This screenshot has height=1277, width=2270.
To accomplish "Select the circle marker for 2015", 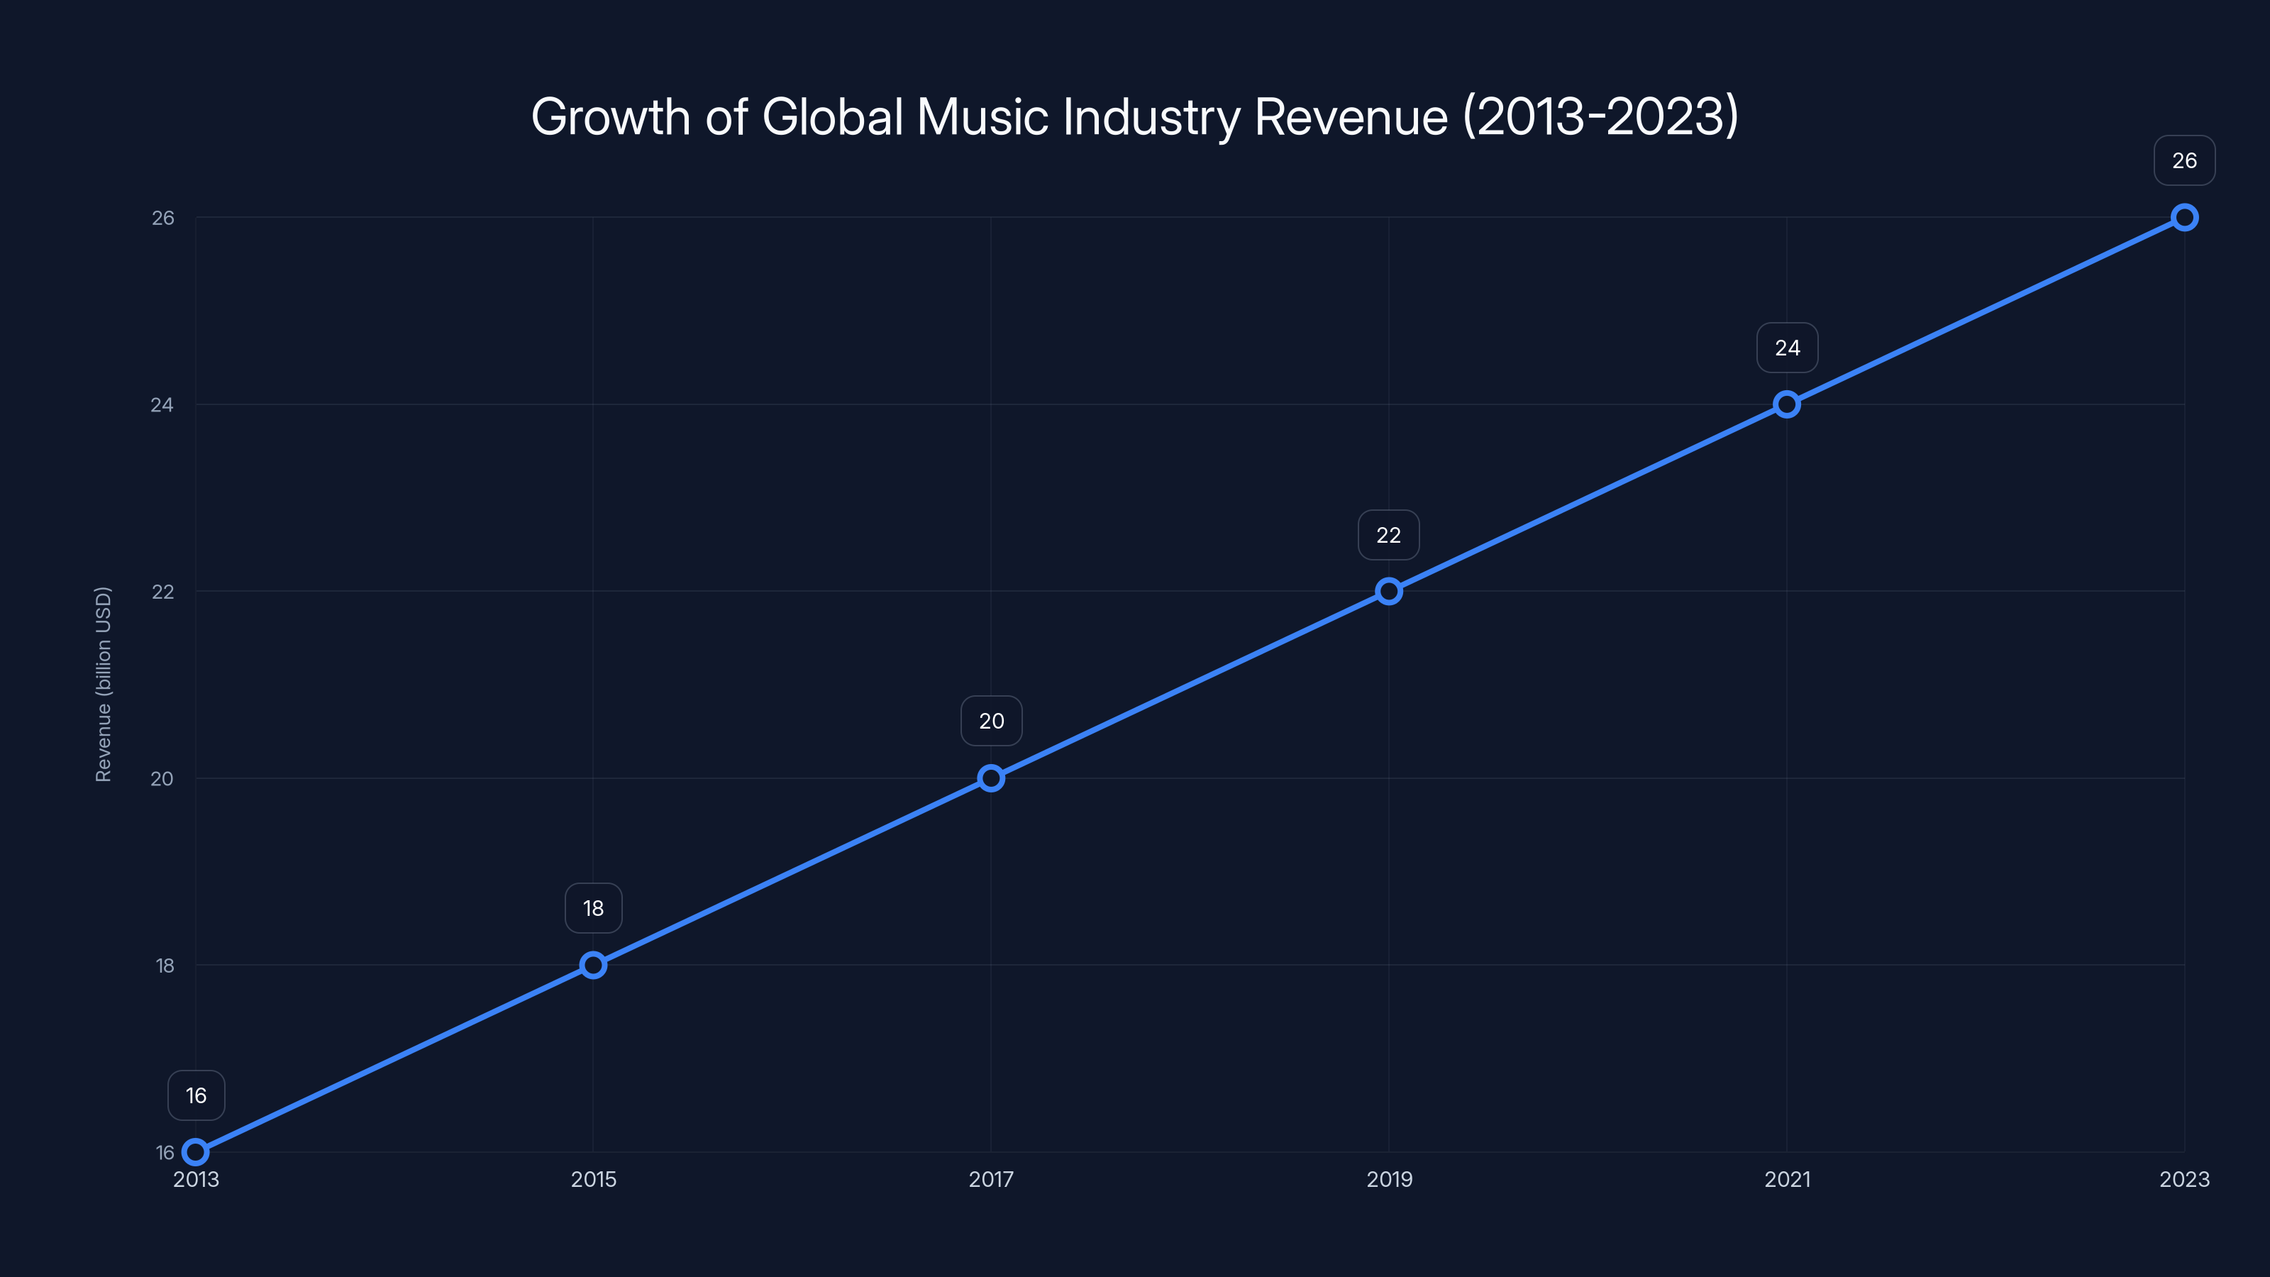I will click(593, 965).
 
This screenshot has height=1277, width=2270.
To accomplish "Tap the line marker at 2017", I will click(992, 778).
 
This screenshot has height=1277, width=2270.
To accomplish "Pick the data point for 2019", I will click(1389, 592).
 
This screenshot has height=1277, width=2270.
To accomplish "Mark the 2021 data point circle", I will click(1787, 404).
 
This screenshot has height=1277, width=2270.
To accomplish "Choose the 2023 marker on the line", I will click(2185, 218).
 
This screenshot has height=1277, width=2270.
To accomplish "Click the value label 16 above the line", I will click(196, 1095).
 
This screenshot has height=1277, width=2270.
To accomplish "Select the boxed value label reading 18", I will click(593, 908).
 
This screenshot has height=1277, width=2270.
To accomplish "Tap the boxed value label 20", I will click(992, 721).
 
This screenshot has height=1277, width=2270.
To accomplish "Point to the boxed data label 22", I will click(1389, 535).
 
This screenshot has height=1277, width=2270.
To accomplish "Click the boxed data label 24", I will click(1787, 348).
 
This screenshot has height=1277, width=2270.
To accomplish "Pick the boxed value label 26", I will click(2185, 160).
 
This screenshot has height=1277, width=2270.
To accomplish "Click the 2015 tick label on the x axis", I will click(593, 1179).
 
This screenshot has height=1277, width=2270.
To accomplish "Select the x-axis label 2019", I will click(1389, 1179).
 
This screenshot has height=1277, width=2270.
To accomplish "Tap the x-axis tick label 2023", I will click(2185, 1179).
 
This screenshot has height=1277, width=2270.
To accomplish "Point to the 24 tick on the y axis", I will click(162, 404).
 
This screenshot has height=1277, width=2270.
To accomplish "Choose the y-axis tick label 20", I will click(162, 778).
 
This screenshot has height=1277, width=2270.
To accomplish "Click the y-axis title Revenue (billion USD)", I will click(103, 684).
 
